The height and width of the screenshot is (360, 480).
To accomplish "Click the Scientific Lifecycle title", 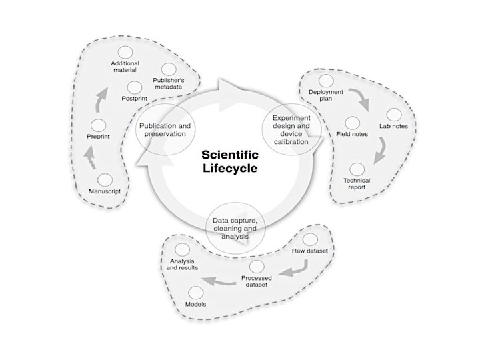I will [229, 161].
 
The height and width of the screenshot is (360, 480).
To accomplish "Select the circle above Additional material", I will [124, 52].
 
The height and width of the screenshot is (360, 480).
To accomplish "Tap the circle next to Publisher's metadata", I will [169, 69].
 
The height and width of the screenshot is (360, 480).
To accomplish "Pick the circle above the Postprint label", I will [133, 86].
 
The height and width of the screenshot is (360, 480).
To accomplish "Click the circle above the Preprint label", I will [99, 125].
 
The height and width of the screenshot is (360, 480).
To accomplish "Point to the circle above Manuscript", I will [105, 179].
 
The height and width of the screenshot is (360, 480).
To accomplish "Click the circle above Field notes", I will [353, 123].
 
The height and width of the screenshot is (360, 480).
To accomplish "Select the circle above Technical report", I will [357, 169].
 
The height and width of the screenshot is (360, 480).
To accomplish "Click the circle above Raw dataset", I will [309, 239].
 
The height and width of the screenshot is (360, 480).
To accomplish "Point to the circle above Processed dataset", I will [254, 267].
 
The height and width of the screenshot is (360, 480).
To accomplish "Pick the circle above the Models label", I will [195, 292].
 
